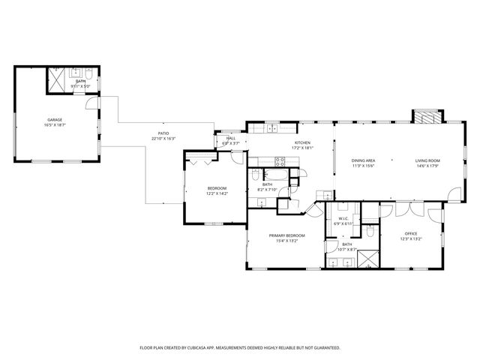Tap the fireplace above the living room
coord(425,116)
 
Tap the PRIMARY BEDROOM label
coord(287,235)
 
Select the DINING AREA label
coord(363,160)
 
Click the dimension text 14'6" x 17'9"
coord(428,166)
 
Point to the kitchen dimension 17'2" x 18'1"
coord(302,148)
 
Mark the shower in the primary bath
coord(367,259)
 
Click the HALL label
coord(230,138)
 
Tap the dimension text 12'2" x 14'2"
coord(216,193)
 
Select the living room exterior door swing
coord(454,193)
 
